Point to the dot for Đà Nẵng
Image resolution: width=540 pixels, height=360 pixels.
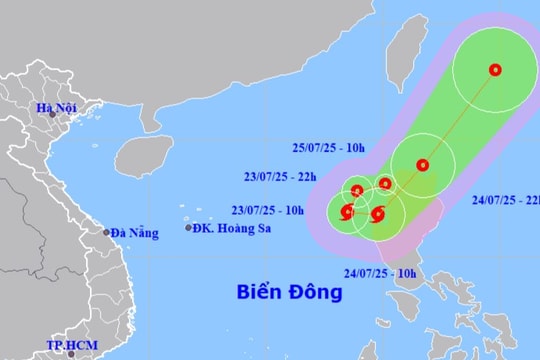106,232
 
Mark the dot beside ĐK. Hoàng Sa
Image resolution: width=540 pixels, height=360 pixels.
188,229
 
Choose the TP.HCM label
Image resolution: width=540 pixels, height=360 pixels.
67,346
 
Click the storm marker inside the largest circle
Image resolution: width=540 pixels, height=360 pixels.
495,69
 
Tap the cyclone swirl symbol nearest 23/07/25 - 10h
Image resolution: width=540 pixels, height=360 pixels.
347,211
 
